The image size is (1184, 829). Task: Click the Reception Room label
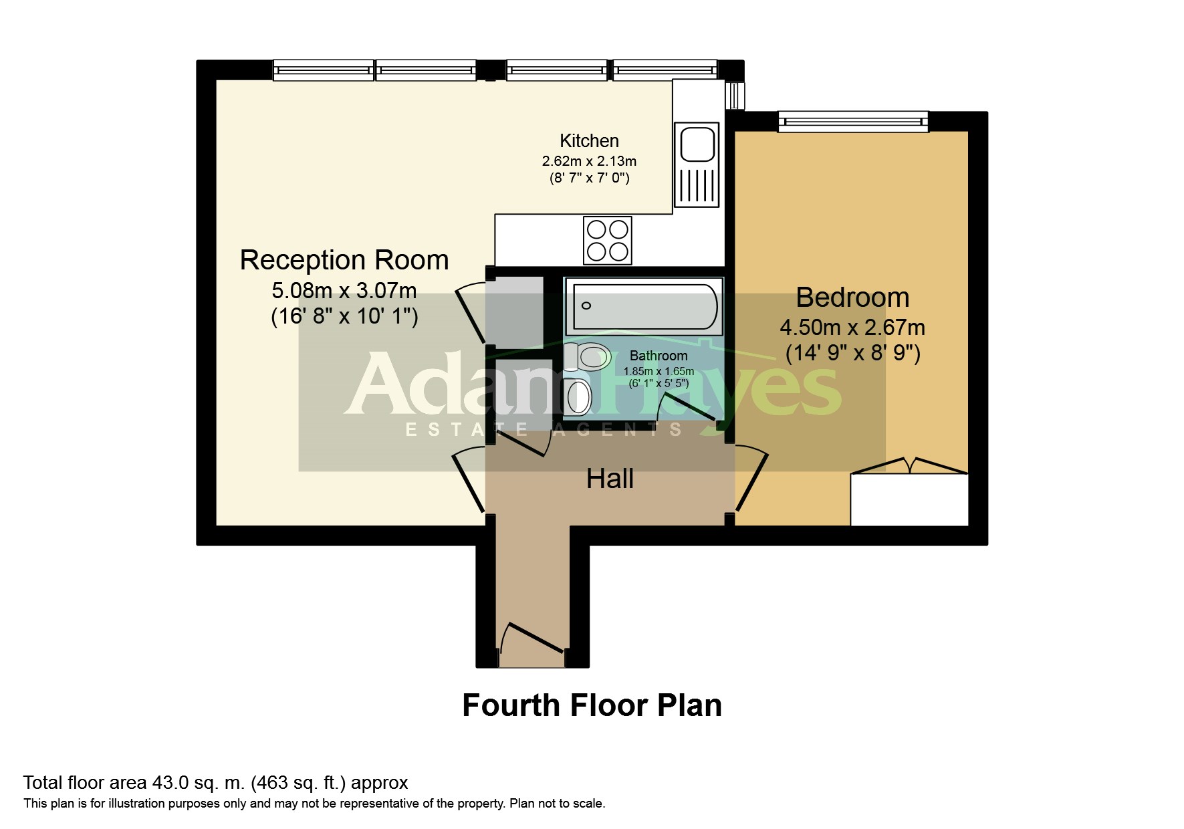pyautogui.click(x=344, y=260)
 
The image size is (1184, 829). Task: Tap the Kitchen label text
pyautogui.click(x=589, y=141)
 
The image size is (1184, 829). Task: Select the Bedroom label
pyautogui.click(x=852, y=298)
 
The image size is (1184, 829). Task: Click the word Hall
pyautogui.click(x=610, y=479)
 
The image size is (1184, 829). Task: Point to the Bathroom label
pyautogui.click(x=659, y=356)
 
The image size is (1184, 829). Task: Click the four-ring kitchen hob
pyautogui.click(x=608, y=240)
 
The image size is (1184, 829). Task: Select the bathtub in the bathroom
pyautogui.click(x=644, y=306)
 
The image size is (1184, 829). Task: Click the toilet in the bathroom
pyautogui.click(x=587, y=356)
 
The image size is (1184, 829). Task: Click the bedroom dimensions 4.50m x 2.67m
pyautogui.click(x=852, y=328)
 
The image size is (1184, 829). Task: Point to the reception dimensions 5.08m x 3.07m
pyautogui.click(x=344, y=291)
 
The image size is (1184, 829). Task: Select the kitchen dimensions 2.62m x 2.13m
pyautogui.click(x=589, y=161)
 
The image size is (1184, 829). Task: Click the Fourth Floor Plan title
pyautogui.click(x=592, y=705)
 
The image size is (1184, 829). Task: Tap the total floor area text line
pyautogui.click(x=215, y=782)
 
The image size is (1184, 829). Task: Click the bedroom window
pyautogui.click(x=853, y=121)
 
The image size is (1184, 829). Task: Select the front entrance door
pyautogui.click(x=535, y=637)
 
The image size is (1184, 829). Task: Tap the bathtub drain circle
pyautogui.click(x=586, y=306)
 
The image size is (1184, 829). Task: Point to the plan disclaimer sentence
pyautogui.click(x=314, y=804)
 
